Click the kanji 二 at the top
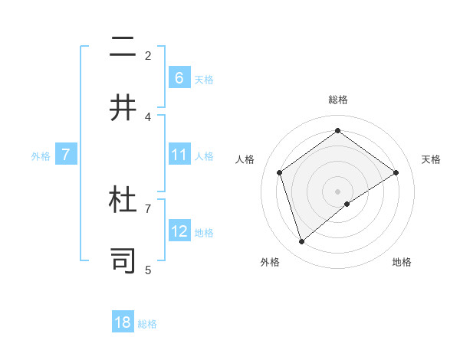click(123, 48)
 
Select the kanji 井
click(123, 108)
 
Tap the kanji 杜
click(123, 201)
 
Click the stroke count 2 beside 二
click(148, 55)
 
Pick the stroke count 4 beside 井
click(148, 116)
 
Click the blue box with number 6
click(179, 77)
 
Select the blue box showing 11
click(179, 155)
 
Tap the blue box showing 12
click(179, 231)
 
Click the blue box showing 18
click(123, 322)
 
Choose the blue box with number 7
click(67, 155)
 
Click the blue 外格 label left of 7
click(41, 155)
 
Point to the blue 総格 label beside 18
click(147, 323)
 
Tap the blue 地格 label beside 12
click(204, 232)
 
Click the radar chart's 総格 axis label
click(337, 100)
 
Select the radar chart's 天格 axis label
click(431, 159)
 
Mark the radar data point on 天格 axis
click(396, 172)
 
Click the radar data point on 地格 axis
click(347, 204)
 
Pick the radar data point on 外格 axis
click(301, 242)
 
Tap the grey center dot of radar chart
click(337, 191)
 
